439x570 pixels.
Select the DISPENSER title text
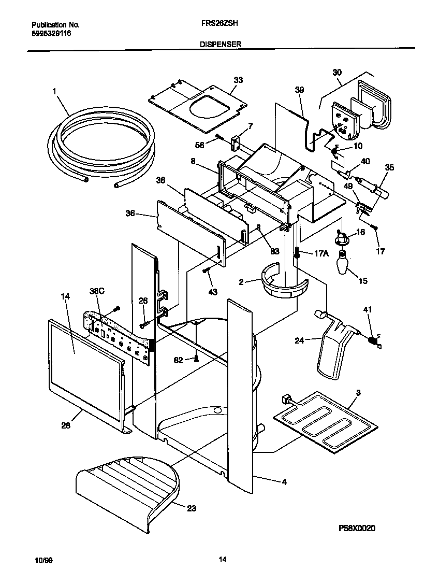point(220,45)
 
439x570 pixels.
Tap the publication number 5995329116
point(51,33)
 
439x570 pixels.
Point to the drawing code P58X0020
point(357,528)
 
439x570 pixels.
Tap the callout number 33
point(238,80)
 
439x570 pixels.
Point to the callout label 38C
point(97,292)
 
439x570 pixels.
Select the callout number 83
point(274,251)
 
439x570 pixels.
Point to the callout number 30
point(337,73)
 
